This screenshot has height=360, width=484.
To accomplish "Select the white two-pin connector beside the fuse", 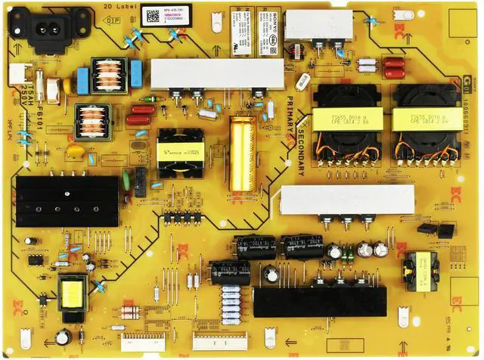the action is [x=16, y=73].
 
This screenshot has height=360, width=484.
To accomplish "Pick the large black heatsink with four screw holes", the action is [x=67, y=200].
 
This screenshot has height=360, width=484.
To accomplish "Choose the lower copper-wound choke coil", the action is [x=94, y=121].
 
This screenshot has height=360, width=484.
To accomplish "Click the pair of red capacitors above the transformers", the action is [x=393, y=70].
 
